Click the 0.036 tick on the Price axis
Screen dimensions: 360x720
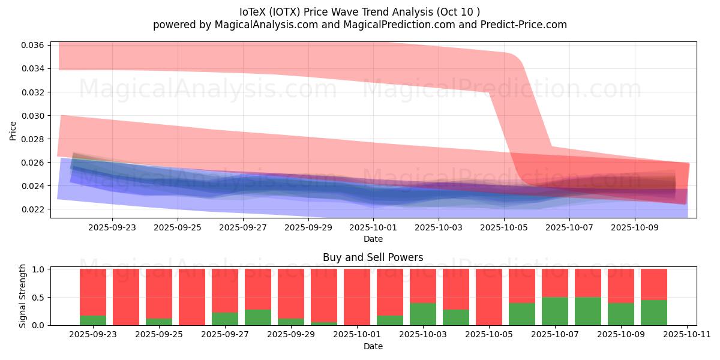(32, 46)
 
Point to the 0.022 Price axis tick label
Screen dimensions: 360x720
(32, 209)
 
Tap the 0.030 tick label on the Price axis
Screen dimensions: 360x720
(32, 116)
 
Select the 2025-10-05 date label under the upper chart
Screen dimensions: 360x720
(505, 227)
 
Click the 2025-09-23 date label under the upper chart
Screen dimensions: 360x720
(112, 227)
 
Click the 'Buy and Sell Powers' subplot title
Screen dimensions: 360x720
(373, 257)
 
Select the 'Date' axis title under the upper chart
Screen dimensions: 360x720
(373, 239)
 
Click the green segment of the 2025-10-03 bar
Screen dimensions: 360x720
(423, 314)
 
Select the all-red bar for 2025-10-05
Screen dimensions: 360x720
(489, 297)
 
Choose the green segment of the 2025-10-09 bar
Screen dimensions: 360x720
(621, 314)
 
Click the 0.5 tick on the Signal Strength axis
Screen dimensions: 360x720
(38, 297)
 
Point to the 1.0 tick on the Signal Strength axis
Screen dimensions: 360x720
(38, 269)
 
